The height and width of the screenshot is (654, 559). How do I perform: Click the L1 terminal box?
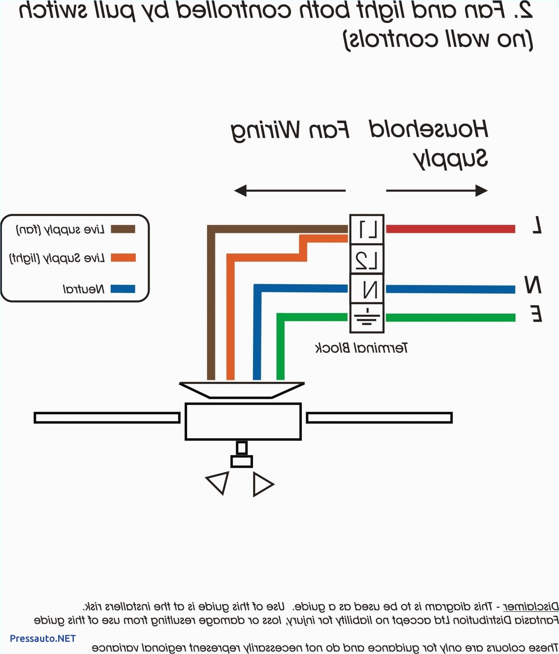click(x=367, y=229)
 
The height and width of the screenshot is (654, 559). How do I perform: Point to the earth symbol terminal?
click(x=367, y=317)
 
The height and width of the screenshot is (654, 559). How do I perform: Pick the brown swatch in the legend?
click(x=123, y=229)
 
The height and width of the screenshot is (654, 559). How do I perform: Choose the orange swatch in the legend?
click(x=123, y=257)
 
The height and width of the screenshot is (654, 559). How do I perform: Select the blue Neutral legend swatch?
click(x=123, y=289)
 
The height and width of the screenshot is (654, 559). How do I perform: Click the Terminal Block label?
click(x=361, y=348)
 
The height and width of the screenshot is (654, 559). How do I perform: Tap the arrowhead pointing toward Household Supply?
click(x=481, y=191)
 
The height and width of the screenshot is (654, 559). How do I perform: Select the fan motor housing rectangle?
click(x=243, y=421)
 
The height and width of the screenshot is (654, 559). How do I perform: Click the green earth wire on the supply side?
click(x=450, y=317)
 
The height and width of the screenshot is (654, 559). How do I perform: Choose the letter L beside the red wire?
click(x=537, y=225)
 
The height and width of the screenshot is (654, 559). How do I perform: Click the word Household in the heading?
click(x=428, y=130)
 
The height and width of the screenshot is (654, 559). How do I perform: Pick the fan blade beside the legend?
click(x=107, y=417)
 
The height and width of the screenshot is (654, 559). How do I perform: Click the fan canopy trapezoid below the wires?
click(x=242, y=390)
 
